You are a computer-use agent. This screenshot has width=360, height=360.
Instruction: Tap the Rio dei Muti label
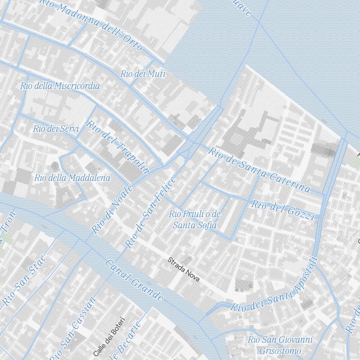tap(143, 74)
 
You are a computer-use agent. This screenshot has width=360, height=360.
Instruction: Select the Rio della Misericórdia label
tap(60, 86)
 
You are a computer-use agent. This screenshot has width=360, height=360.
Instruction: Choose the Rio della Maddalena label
tap(72, 178)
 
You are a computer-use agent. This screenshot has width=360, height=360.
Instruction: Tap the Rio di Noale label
tap(112, 210)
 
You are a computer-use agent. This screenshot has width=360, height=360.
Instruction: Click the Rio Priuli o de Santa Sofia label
tap(195, 220)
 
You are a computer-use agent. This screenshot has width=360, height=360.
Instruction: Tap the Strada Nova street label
tap(183, 270)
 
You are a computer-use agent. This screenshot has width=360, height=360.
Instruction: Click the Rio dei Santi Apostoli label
tap(274, 285)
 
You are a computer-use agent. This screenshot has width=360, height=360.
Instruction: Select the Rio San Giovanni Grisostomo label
tap(280, 345)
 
